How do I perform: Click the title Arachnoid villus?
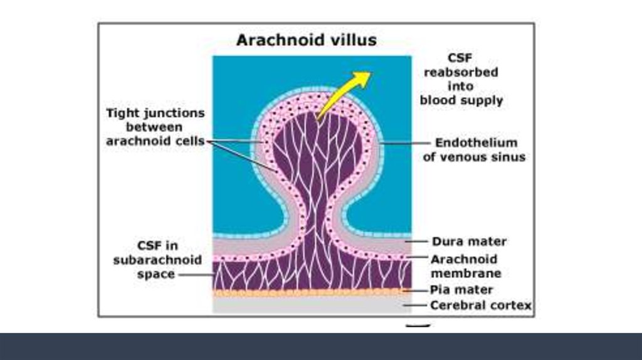click(306, 40)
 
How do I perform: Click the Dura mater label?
click(469, 241)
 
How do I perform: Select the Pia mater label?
click(461, 290)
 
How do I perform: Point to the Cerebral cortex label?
click(481, 305)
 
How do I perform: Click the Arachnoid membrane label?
click(466, 266)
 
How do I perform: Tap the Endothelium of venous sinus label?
click(474, 149)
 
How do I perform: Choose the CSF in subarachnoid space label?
click(157, 260)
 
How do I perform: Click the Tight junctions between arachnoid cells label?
click(155, 127)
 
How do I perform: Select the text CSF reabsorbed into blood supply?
click(461, 79)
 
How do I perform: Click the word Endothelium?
click(476, 142)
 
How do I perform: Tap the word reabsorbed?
click(461, 72)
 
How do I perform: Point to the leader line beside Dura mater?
click(416, 241)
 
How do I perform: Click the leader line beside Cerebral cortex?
click(415, 305)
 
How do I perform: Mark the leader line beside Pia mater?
click(415, 290)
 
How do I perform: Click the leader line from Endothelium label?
click(406, 143)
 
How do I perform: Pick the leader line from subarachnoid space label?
click(196, 275)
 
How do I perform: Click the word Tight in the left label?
click(121, 114)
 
